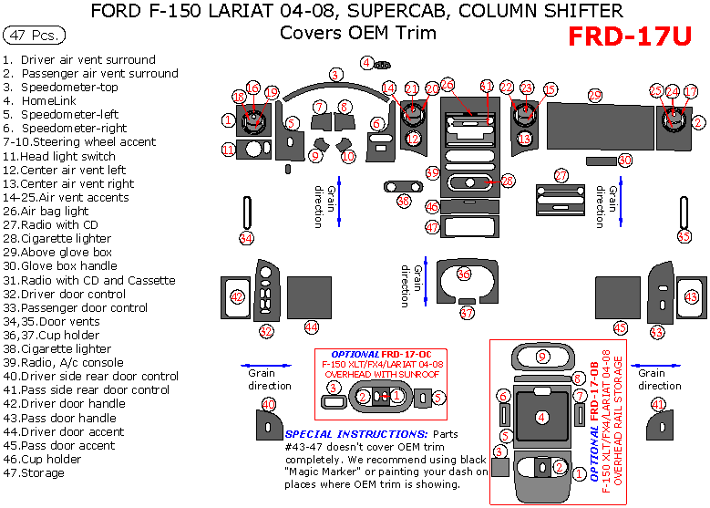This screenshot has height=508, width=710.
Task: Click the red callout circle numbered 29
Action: point(594,95)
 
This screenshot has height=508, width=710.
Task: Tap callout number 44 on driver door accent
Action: point(312,327)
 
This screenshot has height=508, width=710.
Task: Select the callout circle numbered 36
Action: point(464,274)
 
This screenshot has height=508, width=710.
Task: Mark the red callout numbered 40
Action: point(269,404)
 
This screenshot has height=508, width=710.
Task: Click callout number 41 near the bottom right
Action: point(658,404)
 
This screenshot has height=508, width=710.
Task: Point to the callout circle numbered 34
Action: point(246,238)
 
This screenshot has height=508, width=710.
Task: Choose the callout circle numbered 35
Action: point(684,236)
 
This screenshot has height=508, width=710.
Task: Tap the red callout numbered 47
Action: point(433,226)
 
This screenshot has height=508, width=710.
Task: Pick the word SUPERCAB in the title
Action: point(403,12)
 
